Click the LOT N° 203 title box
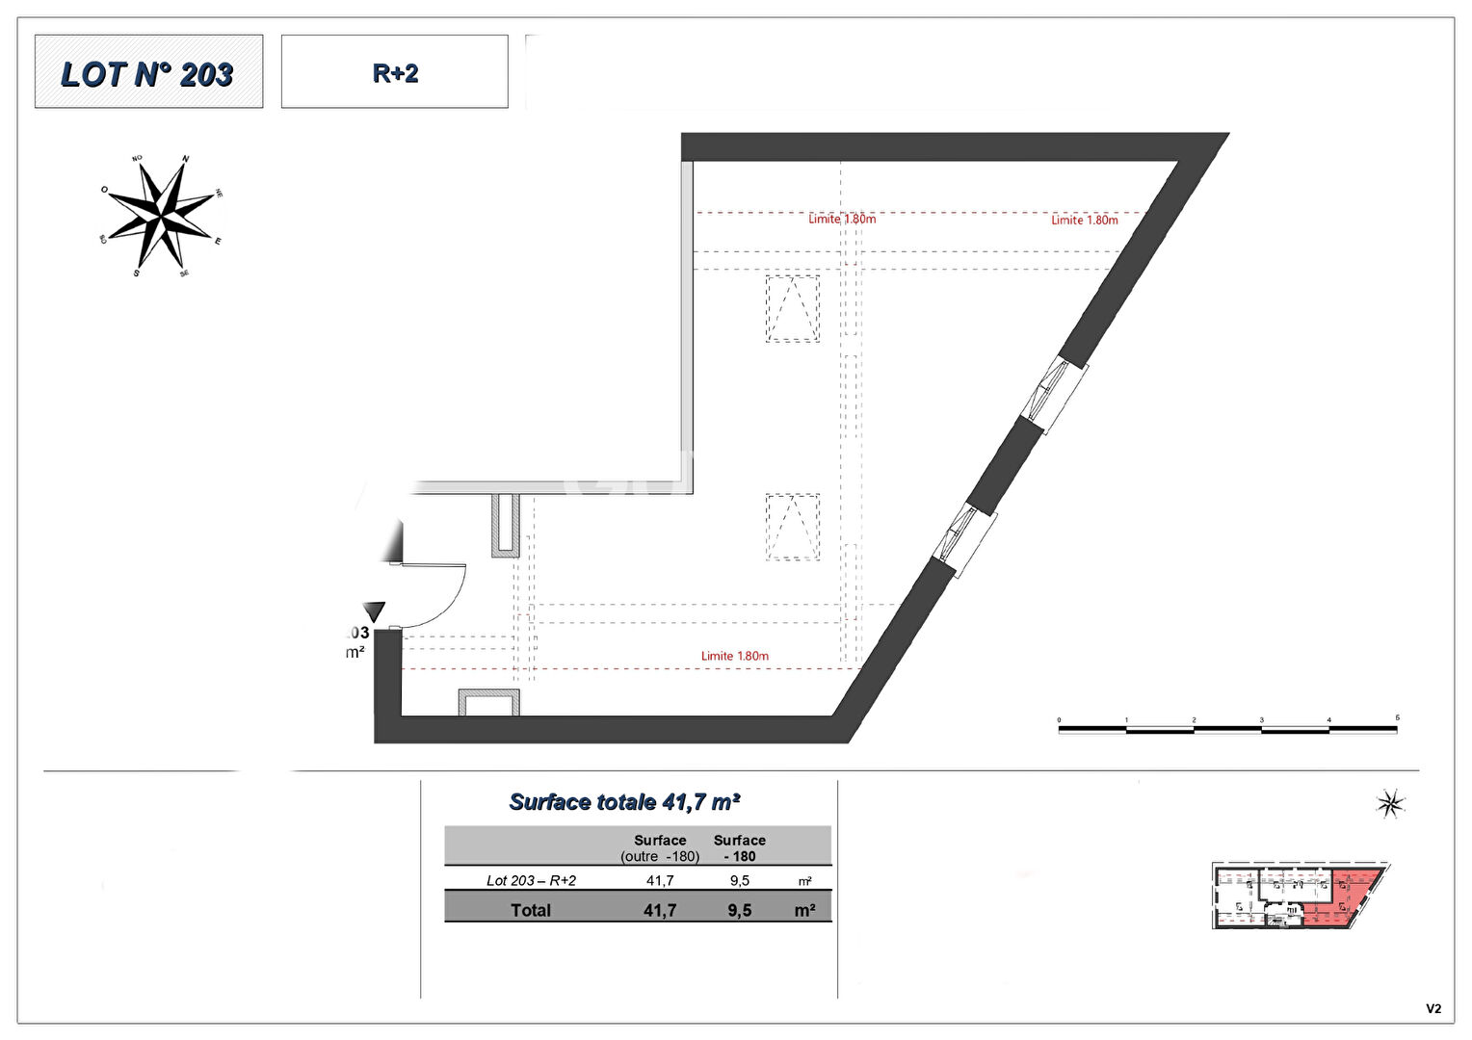[x=148, y=72]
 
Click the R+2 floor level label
[x=395, y=73]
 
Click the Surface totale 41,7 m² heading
[x=624, y=801]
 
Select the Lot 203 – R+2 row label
[x=531, y=880]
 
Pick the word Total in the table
[x=531, y=910]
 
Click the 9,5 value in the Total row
[x=739, y=910]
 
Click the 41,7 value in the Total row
[x=660, y=910]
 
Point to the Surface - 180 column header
[x=739, y=847]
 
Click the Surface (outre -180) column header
[x=660, y=847]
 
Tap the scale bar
[x=1227, y=729]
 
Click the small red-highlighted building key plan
[x=1299, y=897]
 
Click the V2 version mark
[x=1433, y=1008]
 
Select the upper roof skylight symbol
[x=793, y=308]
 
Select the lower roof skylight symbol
[x=793, y=527]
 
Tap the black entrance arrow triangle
[x=374, y=611]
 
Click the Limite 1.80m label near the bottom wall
[x=734, y=656]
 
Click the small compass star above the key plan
[x=1390, y=803]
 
